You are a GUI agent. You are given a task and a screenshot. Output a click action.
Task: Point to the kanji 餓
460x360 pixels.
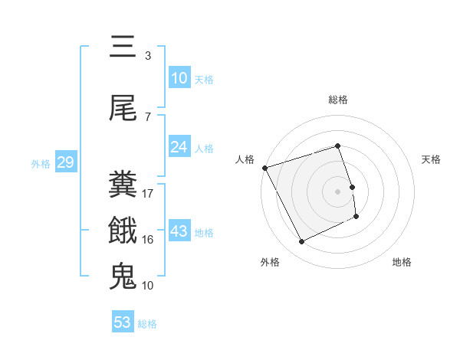(123, 231)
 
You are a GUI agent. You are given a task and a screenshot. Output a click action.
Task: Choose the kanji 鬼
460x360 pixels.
(123, 276)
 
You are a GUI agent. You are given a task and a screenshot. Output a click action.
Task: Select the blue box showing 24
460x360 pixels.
(179, 146)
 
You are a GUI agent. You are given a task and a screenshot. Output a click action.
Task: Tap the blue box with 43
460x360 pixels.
(179, 231)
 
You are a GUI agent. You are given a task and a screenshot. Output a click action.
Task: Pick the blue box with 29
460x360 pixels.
(64, 162)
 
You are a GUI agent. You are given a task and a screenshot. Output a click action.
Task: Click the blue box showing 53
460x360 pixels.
(123, 322)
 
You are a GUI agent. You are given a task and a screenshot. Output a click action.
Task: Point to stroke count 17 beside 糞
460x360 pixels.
(148, 193)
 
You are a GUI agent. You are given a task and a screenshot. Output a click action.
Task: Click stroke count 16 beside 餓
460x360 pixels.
(148, 239)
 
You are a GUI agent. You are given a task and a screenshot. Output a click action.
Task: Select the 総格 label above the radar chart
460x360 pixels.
(338, 100)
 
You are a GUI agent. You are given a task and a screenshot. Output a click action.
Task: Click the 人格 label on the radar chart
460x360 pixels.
(245, 159)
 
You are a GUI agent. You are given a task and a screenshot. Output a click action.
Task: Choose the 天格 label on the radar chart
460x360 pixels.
(432, 159)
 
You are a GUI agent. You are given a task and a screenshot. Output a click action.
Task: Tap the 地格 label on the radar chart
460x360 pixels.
(402, 262)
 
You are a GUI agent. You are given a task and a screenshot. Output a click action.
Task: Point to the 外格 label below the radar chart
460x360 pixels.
(270, 262)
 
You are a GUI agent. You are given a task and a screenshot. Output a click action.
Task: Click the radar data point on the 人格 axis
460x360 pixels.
(264, 168)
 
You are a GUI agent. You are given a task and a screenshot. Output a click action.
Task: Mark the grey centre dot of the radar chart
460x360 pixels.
(338, 191)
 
